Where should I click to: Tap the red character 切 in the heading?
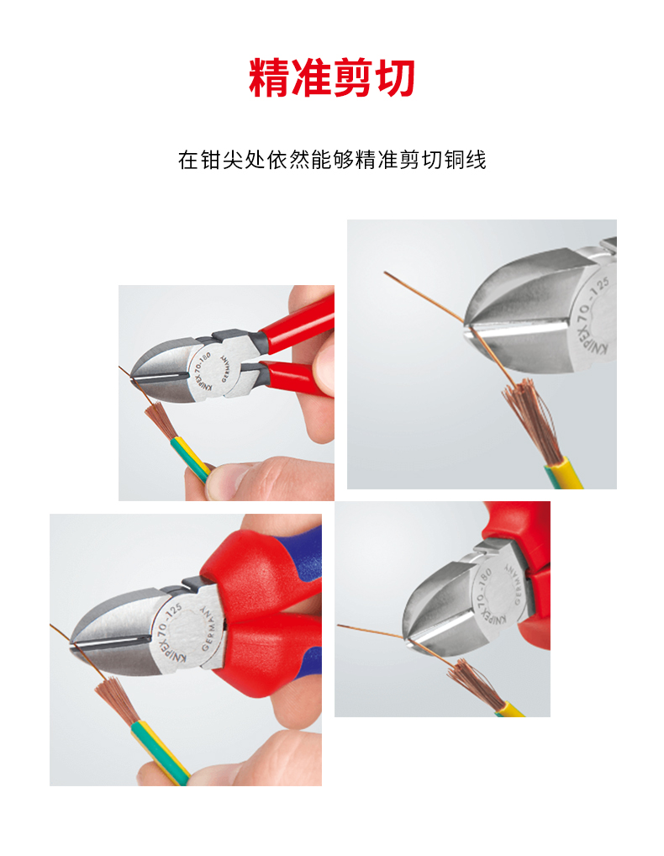(396, 77)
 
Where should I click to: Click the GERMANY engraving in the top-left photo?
(226, 369)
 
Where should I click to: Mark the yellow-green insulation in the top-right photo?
(563, 473)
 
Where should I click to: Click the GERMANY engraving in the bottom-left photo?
(209, 628)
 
